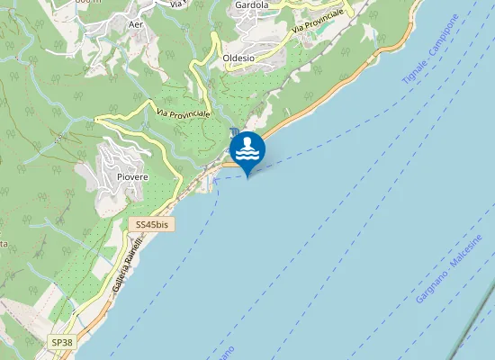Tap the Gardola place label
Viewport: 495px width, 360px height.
click(x=251, y=4)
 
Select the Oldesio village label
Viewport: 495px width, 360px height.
click(x=238, y=58)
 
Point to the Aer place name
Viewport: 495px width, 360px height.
click(x=137, y=25)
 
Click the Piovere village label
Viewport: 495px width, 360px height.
click(x=131, y=177)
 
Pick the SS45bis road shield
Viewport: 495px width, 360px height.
click(x=148, y=224)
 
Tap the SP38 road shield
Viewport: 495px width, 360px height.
click(x=61, y=343)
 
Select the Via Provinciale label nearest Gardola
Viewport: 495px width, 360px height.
click(x=318, y=25)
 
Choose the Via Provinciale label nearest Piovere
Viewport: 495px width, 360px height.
click(x=183, y=114)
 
